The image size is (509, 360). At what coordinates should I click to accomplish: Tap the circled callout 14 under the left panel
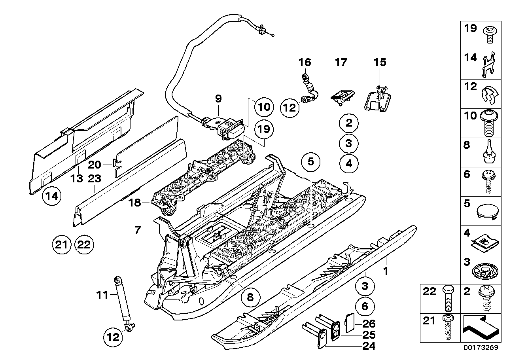coord(53,196)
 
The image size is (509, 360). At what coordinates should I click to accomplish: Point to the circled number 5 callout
coord(310,162)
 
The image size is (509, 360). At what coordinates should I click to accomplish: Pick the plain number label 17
coord(341,62)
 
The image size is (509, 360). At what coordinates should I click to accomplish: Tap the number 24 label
coord(368,346)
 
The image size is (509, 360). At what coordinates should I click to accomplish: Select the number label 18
coord(135,203)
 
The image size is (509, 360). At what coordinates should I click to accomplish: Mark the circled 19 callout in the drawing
coord(263,128)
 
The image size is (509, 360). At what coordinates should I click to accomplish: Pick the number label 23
coord(95,178)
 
